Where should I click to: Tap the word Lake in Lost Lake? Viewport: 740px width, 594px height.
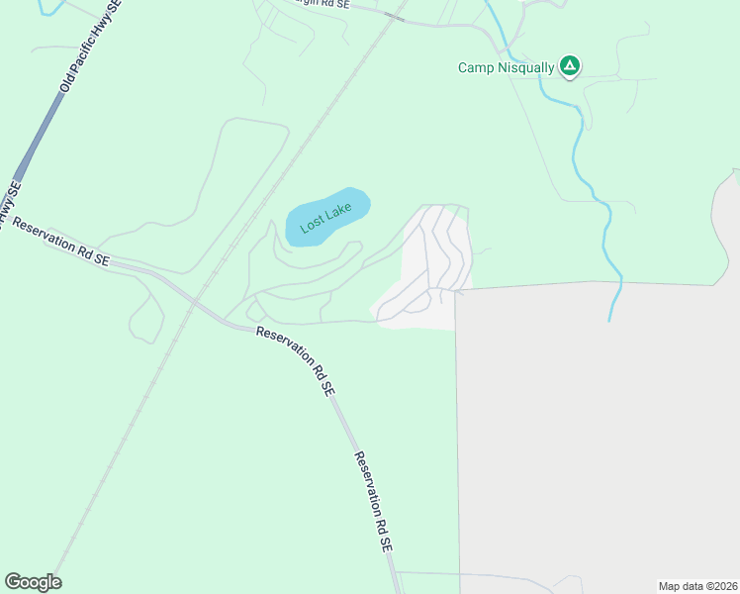click(x=341, y=213)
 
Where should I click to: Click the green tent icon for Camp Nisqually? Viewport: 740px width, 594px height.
click(x=569, y=66)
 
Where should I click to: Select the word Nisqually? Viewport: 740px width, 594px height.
click(x=524, y=68)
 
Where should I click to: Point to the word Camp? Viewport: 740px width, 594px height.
click(x=475, y=68)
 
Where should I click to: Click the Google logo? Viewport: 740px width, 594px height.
click(x=33, y=581)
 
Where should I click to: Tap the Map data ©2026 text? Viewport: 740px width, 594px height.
click(x=697, y=585)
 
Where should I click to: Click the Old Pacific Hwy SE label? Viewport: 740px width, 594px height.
click(x=90, y=47)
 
